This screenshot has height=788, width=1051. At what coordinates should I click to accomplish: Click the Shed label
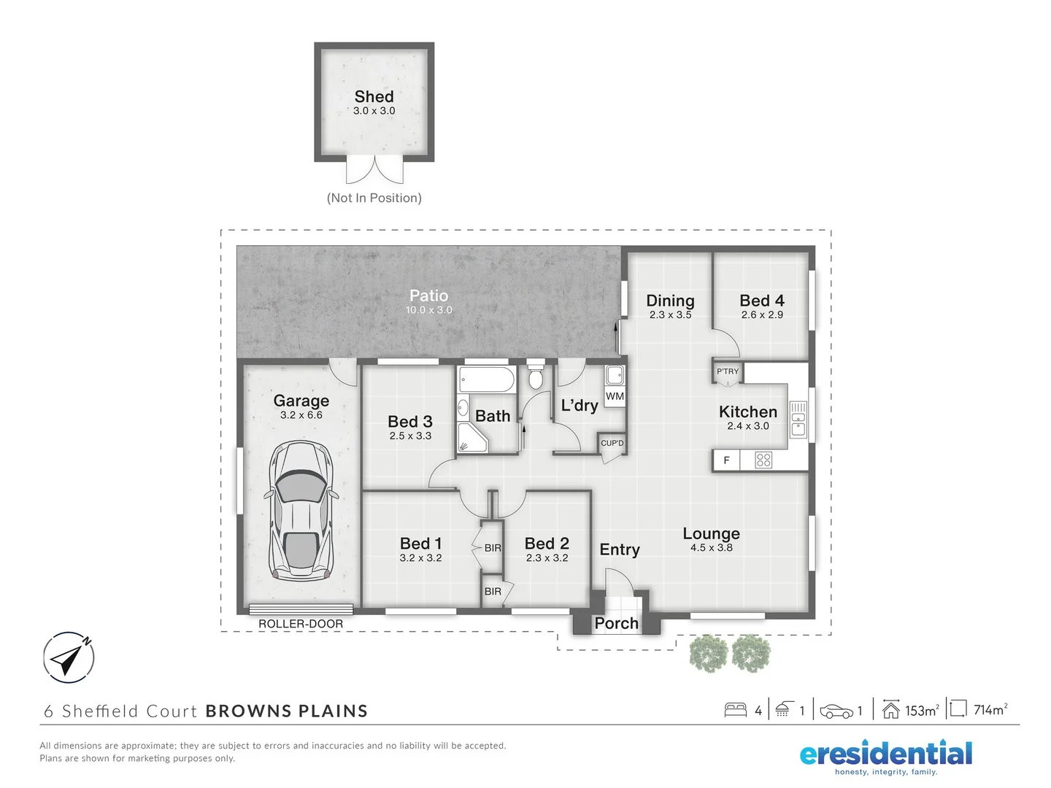[374, 96]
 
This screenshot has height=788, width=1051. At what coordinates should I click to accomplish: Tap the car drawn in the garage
[301, 510]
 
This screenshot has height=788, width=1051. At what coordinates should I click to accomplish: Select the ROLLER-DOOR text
[301, 624]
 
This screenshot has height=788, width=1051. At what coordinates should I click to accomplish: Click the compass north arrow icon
[69, 657]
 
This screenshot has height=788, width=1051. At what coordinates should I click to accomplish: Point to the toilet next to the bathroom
[536, 376]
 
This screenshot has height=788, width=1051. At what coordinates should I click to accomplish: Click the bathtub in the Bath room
[486, 380]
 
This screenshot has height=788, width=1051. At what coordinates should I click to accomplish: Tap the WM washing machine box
[615, 396]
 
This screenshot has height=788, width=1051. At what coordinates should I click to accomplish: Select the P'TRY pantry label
[727, 371]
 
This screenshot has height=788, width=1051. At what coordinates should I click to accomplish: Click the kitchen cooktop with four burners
[763, 460]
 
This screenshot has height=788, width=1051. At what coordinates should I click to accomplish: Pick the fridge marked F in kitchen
[726, 460]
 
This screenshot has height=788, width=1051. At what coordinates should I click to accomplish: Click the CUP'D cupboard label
[612, 443]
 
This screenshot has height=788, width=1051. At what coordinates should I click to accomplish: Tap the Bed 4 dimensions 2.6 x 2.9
[762, 315]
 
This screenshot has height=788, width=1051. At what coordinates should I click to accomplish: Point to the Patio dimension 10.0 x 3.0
[429, 310]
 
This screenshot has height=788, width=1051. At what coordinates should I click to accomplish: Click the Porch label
[616, 623]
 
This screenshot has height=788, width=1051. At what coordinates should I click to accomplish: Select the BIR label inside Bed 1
[493, 548]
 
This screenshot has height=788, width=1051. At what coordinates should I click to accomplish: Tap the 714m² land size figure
[990, 710]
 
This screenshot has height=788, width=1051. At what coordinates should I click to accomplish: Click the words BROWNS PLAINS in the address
[287, 711]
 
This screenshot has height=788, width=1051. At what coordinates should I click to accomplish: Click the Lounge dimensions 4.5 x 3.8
[711, 548]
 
